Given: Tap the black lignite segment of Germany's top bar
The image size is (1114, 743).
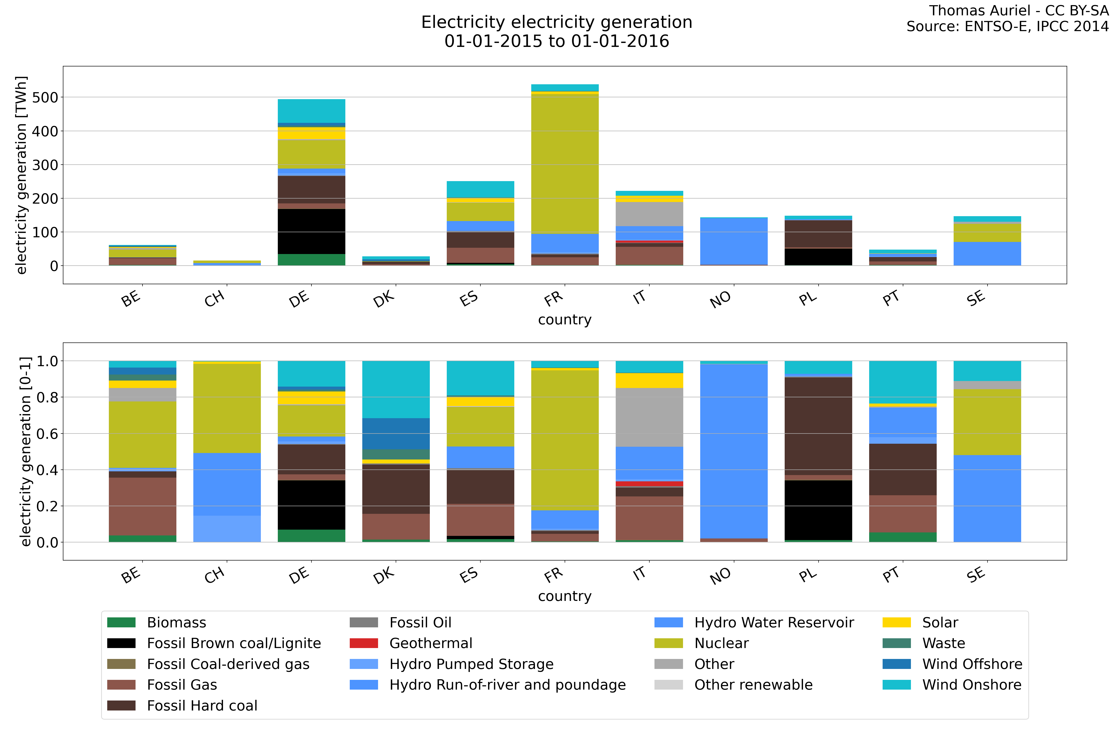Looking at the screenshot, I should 311,231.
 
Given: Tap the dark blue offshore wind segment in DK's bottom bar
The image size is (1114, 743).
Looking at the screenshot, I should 396,433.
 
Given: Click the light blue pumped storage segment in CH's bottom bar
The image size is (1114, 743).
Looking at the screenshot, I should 227,529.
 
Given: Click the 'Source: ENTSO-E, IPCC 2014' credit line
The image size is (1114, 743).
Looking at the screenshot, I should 1007,26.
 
